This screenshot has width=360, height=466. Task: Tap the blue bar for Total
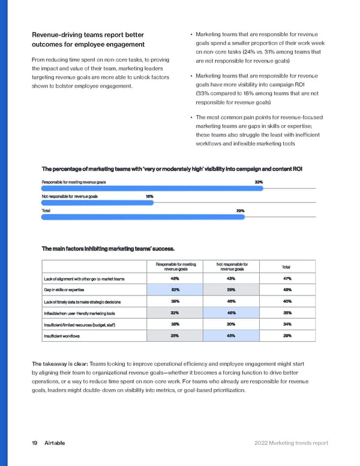tap(143, 217)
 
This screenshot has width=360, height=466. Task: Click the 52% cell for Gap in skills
tap(175, 290)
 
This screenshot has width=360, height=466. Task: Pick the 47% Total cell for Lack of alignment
tap(287, 279)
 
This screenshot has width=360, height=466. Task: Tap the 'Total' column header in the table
tap(287, 267)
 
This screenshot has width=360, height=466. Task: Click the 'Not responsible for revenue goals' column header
tap(230, 267)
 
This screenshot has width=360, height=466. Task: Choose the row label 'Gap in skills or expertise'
tap(68, 290)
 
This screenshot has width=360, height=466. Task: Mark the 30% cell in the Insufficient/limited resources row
tap(230, 324)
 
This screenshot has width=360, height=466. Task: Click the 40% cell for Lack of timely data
tap(287, 301)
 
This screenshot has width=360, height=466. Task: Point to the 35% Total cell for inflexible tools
tap(287, 313)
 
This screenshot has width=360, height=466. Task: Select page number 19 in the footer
tap(34, 443)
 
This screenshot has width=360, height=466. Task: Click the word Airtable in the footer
tap(55, 443)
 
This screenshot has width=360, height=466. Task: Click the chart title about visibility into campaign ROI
tap(172, 168)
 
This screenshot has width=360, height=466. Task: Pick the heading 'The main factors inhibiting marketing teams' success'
tap(108, 248)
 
